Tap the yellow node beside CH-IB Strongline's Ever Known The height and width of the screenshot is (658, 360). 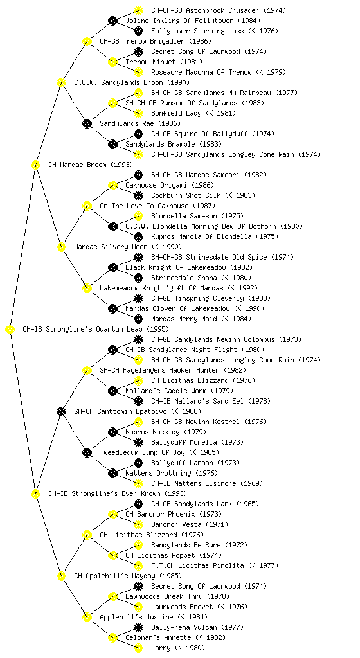point(35,493)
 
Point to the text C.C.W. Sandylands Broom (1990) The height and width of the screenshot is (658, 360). point(132,82)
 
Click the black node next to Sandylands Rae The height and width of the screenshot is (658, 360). point(87,123)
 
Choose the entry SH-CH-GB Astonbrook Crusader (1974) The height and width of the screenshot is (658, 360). point(219,10)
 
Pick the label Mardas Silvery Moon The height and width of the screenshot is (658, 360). point(111,247)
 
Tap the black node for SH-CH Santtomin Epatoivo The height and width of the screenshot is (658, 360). point(61,411)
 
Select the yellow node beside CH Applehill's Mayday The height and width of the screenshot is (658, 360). point(61,576)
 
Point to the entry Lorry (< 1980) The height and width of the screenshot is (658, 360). point(178,648)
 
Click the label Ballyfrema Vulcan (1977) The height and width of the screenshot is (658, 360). point(196,627)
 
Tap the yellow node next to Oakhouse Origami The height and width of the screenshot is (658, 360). point(113,185)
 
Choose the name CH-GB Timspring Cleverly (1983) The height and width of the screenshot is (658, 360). point(211,298)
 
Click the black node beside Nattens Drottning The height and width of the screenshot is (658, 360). point(113,473)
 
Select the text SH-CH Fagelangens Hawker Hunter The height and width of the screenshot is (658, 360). point(159,370)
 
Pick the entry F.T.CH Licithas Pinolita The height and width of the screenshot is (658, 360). point(197,565)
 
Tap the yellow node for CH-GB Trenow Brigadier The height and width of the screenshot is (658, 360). point(87,41)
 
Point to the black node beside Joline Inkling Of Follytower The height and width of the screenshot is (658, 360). point(113,21)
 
